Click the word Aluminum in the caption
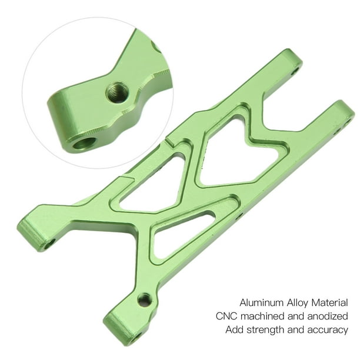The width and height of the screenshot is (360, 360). [x=261, y=302]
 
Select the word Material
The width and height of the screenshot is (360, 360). [x=329, y=302]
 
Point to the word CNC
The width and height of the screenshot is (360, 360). [x=226, y=316]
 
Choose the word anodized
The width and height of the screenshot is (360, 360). [x=328, y=316]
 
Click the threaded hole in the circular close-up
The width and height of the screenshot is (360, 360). [x=117, y=92]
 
